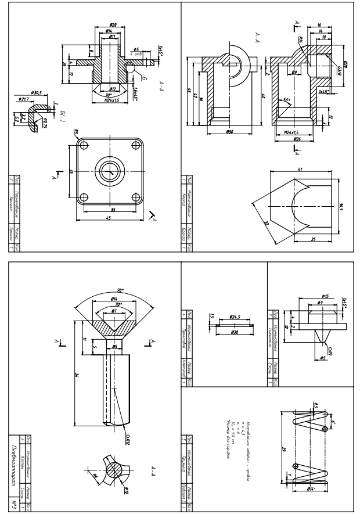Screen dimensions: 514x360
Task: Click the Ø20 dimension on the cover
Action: click(113, 24)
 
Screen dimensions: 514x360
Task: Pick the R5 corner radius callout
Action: click(76, 133)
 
